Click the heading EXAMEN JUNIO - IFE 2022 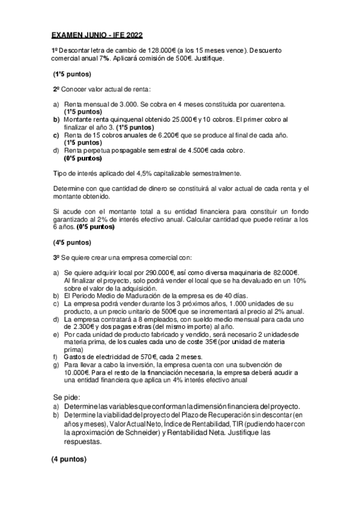97,35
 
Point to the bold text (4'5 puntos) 72,244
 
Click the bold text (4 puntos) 69,459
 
